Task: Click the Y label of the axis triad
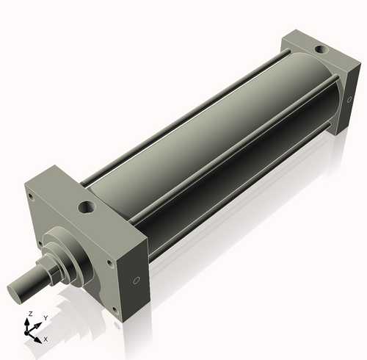[45, 317]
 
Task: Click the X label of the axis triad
[46, 339]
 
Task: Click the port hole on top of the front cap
[85, 207]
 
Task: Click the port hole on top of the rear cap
[319, 51]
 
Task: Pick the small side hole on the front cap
[137, 282]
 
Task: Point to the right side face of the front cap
[139, 276]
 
